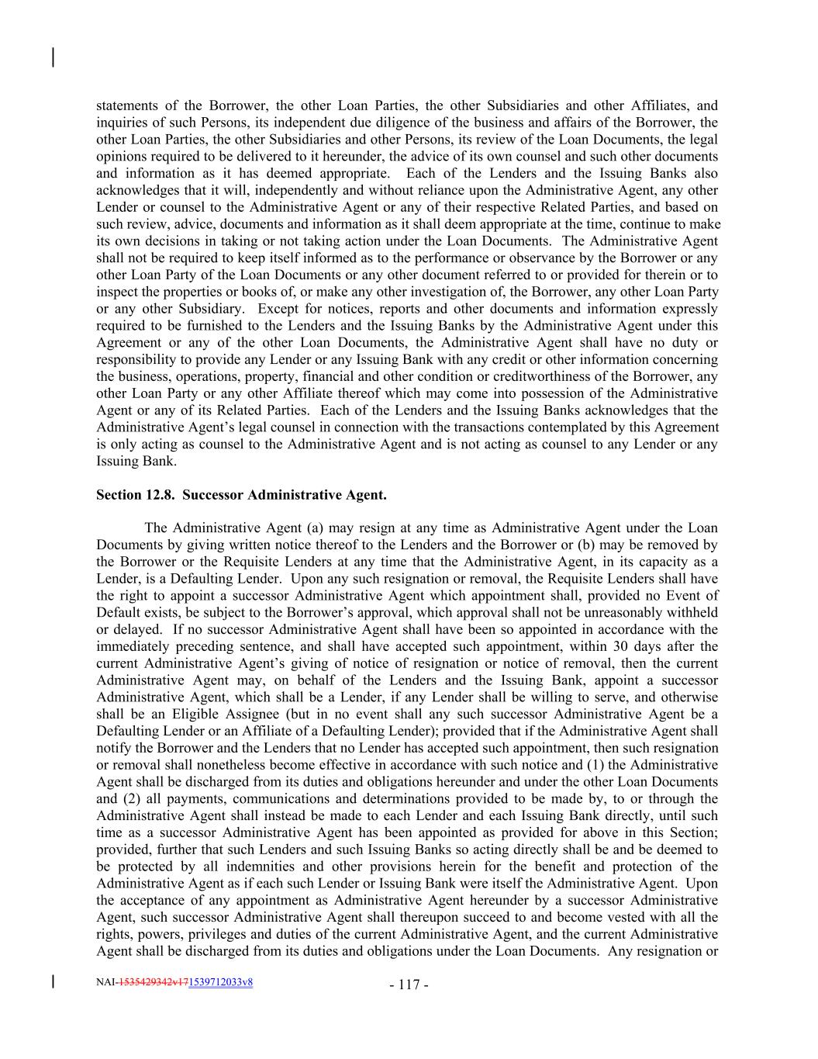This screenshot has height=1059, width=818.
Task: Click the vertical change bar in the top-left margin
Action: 53,57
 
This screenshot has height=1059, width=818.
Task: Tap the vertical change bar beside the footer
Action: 53,981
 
